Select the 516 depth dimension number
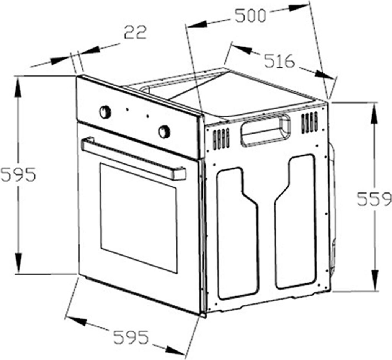point(280,61)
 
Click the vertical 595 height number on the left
point(18,174)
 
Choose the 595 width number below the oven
point(131,337)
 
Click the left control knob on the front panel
point(105,111)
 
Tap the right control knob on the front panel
point(164,131)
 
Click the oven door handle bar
point(134,158)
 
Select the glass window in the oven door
point(139,218)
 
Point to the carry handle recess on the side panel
point(266,130)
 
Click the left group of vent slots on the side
point(221,139)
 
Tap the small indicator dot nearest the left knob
point(127,109)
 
